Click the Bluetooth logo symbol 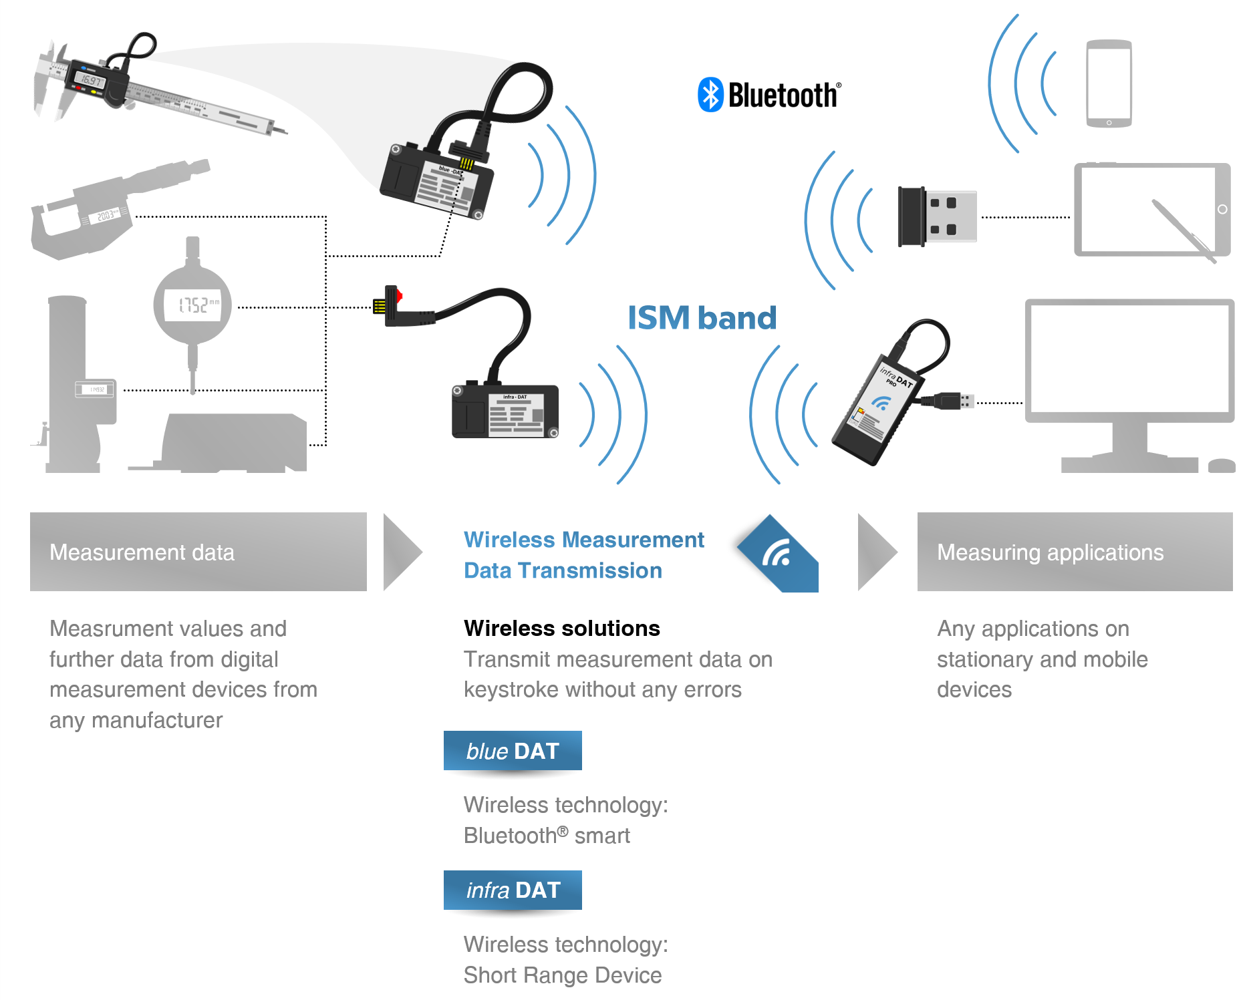[x=710, y=95]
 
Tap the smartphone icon [x=1109, y=83]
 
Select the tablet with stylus [x=1151, y=210]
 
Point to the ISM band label [x=702, y=318]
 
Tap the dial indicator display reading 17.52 [x=193, y=305]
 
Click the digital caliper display [x=91, y=81]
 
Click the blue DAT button [x=513, y=751]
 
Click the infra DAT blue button [x=513, y=890]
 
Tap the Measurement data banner [x=198, y=552]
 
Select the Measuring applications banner [x=1075, y=552]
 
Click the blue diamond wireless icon [x=779, y=554]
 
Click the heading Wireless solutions [x=561, y=629]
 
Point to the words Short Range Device [x=563, y=975]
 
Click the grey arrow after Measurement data [x=401, y=552]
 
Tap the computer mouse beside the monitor [x=1222, y=466]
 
